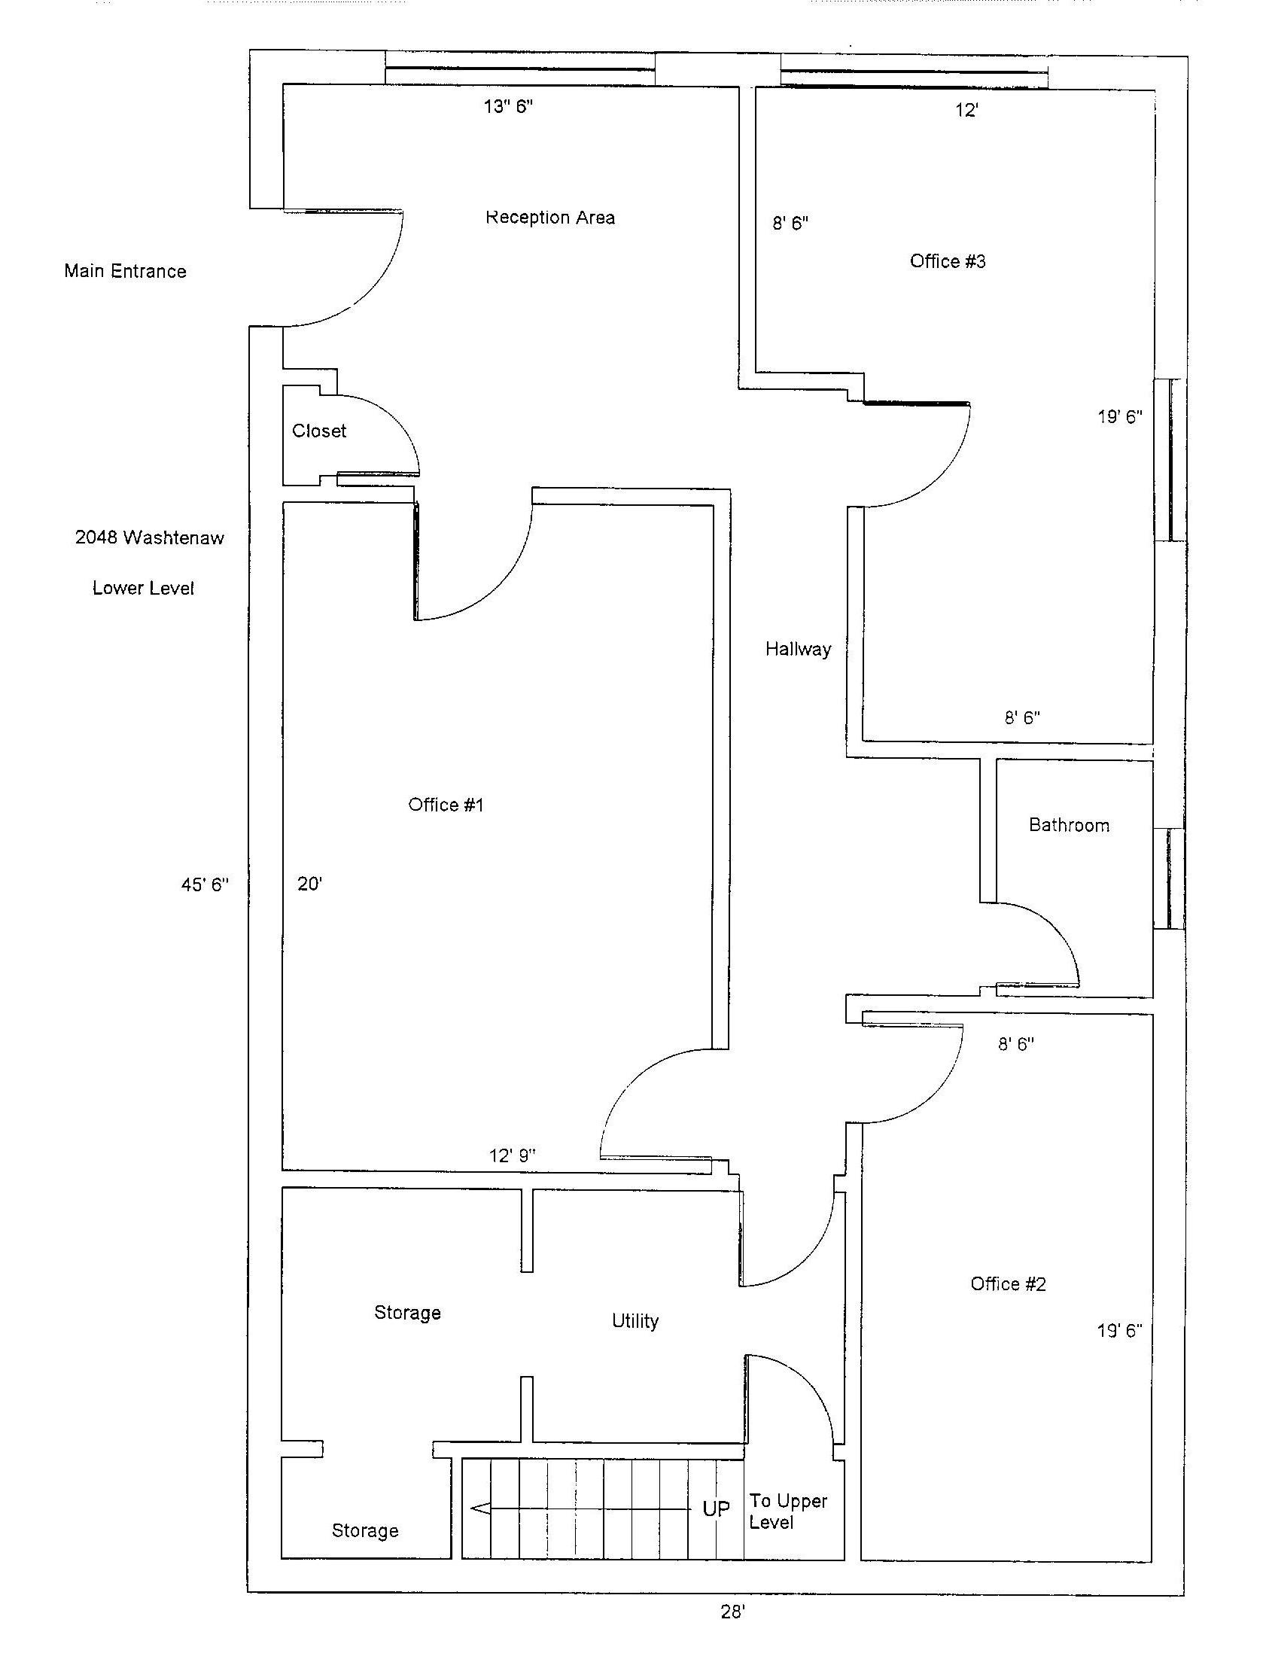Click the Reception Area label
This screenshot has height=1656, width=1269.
tap(550, 218)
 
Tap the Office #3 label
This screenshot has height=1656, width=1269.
tap(947, 261)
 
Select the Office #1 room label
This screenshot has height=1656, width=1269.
tap(446, 805)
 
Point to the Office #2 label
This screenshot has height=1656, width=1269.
tap(1008, 1283)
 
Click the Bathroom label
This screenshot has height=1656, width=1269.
tap(1069, 825)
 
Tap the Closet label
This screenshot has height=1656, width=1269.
tap(319, 431)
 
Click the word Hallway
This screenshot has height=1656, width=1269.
tap(798, 649)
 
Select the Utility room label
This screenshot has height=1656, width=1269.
tap(634, 1321)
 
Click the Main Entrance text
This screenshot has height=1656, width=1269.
tap(125, 271)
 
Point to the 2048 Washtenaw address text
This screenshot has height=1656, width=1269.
tap(150, 538)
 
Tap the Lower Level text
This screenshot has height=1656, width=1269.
tap(143, 588)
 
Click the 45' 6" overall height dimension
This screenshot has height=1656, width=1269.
tap(204, 884)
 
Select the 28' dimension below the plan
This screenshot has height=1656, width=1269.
tap(732, 1612)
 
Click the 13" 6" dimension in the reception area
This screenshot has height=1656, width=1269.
tap(507, 107)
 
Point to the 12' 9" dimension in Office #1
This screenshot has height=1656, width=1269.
tap(512, 1155)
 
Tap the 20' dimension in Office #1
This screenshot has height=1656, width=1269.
tap(309, 884)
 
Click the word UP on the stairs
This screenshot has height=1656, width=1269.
tap(716, 1508)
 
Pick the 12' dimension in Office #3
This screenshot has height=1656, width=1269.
tap(967, 111)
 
